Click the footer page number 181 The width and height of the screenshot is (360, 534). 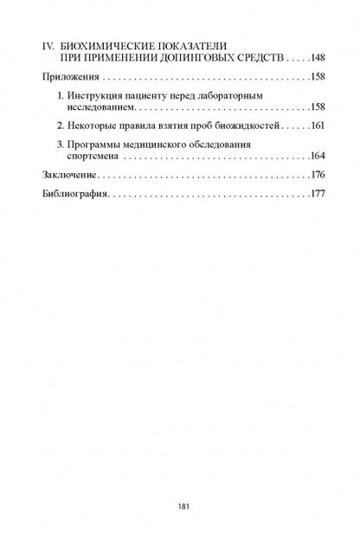pyautogui.click(x=180, y=505)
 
